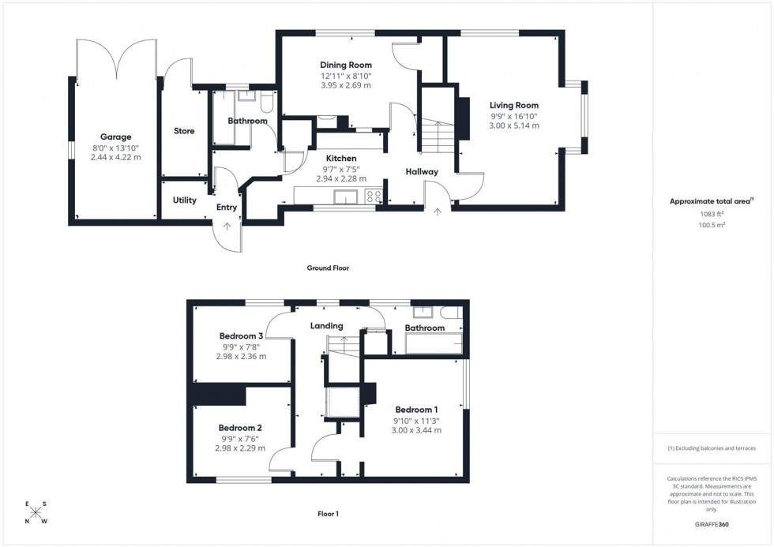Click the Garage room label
115,137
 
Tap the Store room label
184,131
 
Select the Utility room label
185,200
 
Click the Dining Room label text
345,65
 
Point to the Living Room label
513,105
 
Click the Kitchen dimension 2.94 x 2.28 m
341,179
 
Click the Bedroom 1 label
417,410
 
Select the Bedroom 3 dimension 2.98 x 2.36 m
241,356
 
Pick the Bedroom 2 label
240,428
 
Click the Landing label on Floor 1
326,326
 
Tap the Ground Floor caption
328,268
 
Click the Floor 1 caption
328,514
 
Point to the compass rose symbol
36,512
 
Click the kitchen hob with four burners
374,197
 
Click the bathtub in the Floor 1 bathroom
433,343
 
